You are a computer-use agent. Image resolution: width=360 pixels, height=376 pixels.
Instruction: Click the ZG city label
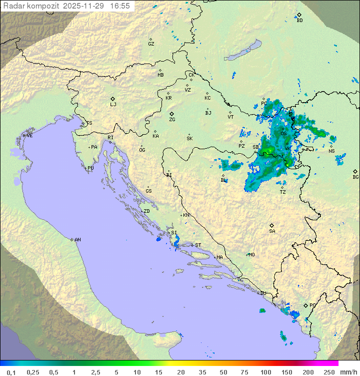(x=172, y=120)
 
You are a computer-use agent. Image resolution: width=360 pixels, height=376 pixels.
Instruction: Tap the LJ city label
(x=113, y=105)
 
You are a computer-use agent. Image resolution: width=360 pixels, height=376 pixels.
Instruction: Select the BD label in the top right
(x=299, y=21)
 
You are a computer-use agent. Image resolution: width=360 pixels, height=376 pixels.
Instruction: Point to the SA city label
(x=272, y=231)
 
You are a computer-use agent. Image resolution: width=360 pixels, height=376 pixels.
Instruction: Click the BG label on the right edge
(x=355, y=177)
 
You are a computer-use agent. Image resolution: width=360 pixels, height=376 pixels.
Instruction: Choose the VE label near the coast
(x=29, y=136)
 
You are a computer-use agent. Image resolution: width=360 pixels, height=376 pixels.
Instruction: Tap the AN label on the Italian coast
(x=77, y=240)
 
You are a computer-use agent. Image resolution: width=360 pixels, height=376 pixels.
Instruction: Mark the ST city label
(x=198, y=245)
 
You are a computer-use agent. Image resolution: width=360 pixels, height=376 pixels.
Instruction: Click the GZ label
(x=151, y=44)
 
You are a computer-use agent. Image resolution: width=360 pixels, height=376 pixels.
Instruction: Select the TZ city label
(x=282, y=192)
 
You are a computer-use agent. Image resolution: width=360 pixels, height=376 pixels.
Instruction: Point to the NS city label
(x=331, y=151)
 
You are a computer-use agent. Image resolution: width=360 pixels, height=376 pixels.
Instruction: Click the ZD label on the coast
(x=146, y=211)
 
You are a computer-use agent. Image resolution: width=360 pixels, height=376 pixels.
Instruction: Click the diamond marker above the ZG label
(x=171, y=114)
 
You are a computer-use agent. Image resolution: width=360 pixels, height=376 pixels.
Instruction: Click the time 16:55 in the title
(x=120, y=6)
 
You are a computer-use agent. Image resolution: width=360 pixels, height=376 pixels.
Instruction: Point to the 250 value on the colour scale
(x=328, y=372)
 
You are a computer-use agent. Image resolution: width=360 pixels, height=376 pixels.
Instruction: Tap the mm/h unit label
(x=348, y=372)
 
